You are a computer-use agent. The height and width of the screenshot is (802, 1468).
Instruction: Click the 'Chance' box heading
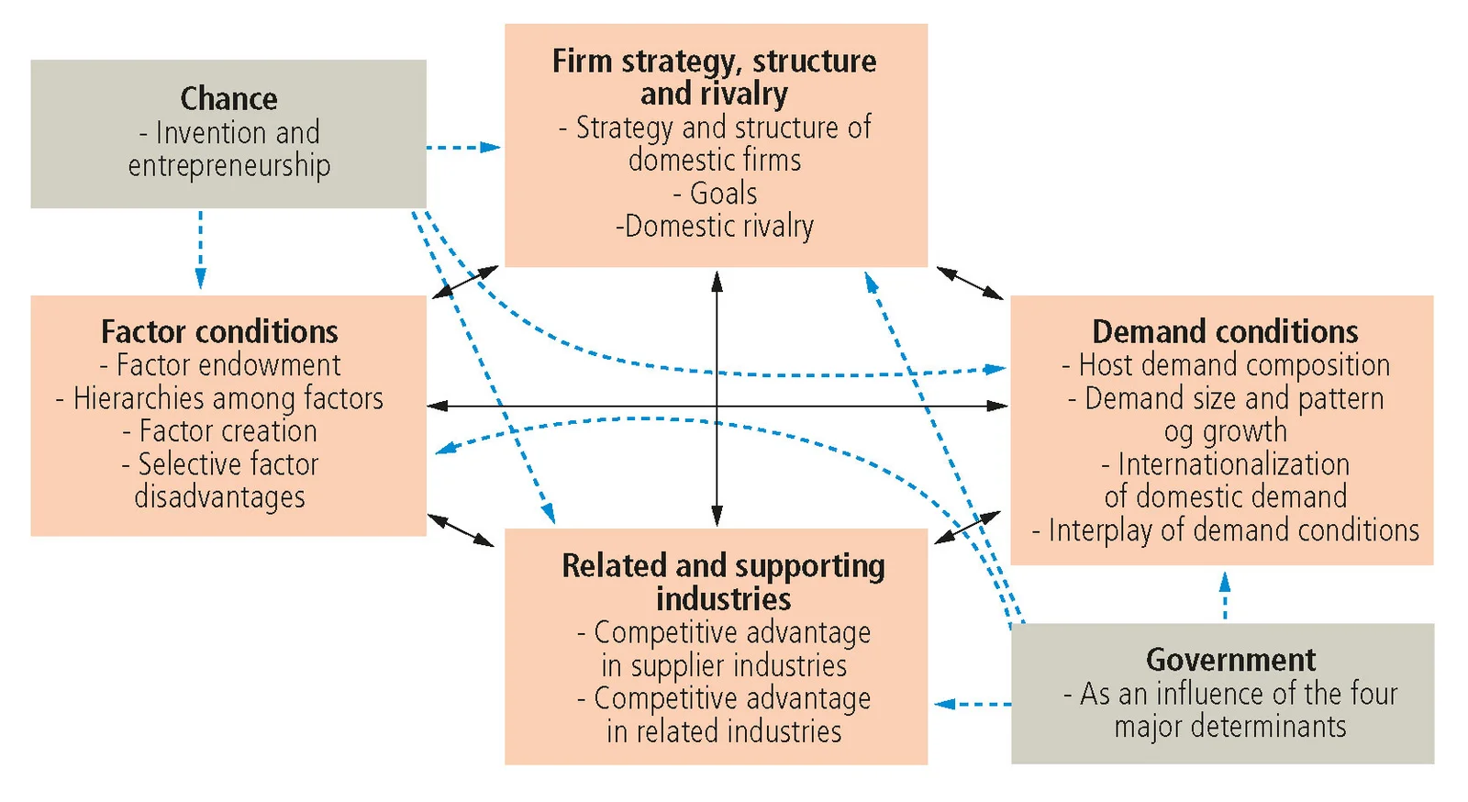[228, 98]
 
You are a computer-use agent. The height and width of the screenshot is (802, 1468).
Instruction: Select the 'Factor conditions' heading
[219, 331]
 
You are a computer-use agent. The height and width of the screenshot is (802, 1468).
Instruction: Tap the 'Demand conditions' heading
[1225, 331]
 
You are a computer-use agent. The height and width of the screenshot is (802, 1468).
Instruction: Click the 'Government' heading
[1230, 660]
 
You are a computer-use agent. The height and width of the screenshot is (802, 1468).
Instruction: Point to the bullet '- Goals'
[715, 194]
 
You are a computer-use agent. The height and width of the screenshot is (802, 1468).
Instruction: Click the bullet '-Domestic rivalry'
[715, 227]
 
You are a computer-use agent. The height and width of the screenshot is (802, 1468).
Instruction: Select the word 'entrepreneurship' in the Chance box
[228, 166]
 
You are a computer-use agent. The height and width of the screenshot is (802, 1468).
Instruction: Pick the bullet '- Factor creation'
[219, 431]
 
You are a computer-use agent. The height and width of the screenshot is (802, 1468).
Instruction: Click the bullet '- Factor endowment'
[219, 365]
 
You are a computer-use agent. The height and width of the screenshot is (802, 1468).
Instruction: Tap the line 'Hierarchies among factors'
[219, 398]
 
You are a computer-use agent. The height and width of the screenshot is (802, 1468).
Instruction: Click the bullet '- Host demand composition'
[1225, 365]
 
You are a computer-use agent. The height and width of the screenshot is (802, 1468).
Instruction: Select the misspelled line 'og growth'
[1225, 431]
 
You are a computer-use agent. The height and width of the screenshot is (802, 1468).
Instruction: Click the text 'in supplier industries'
[724, 665]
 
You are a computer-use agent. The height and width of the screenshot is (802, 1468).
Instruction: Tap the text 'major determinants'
[1230, 727]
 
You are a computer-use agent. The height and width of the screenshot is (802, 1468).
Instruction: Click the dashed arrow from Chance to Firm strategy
[463, 147]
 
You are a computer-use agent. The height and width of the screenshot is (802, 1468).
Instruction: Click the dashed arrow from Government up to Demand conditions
[1224, 596]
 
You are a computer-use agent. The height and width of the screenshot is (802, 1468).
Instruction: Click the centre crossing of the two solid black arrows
[717, 406]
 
